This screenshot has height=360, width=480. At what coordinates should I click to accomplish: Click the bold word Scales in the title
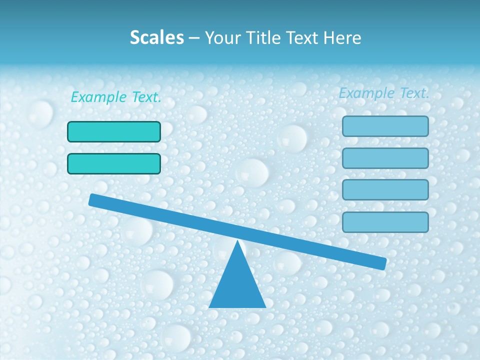pyautogui.click(x=156, y=37)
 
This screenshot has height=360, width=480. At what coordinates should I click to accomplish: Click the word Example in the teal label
pyautogui.click(x=98, y=97)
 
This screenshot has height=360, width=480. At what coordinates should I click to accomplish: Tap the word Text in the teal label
pyautogui.click(x=146, y=97)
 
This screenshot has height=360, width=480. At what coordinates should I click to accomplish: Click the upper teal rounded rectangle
pyautogui.click(x=114, y=131)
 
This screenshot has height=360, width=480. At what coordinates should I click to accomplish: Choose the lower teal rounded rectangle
pyautogui.click(x=114, y=163)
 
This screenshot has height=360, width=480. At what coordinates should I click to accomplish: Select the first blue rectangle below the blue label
pyautogui.click(x=385, y=126)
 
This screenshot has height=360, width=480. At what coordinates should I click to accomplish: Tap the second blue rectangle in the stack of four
pyautogui.click(x=385, y=158)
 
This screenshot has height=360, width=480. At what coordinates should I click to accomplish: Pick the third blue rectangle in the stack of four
pyautogui.click(x=385, y=189)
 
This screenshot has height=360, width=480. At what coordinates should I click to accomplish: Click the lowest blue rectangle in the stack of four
pyautogui.click(x=385, y=222)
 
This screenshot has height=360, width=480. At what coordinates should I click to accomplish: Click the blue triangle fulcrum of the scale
pyautogui.click(x=237, y=285)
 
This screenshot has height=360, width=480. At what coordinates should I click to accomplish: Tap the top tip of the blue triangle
pyautogui.click(x=238, y=241)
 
